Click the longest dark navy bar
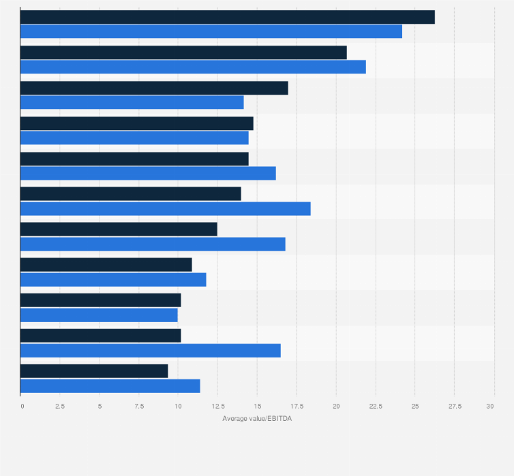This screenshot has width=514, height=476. pyautogui.click(x=227, y=18)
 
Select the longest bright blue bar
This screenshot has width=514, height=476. pyautogui.click(x=211, y=31)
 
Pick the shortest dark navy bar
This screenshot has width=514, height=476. pyautogui.click(x=94, y=371)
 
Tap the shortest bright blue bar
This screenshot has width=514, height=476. pyautogui.click(x=99, y=315)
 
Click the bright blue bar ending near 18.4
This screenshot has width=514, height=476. pyautogui.click(x=166, y=209)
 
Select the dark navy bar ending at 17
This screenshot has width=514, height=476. pyautogui.click(x=154, y=88)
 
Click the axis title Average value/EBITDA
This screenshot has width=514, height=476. pyautogui.click(x=257, y=418)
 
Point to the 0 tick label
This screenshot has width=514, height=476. pyautogui.click(x=22, y=406)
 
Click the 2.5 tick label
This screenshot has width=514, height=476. pyautogui.click(x=60, y=406)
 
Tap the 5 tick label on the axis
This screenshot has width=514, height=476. pyautogui.click(x=100, y=406)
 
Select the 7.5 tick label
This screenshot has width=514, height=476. pyautogui.click(x=138, y=406)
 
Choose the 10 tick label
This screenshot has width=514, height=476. pyautogui.click(x=178, y=406)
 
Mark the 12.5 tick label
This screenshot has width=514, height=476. pyautogui.click(x=217, y=406)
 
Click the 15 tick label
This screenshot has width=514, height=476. pyautogui.click(x=257, y=406)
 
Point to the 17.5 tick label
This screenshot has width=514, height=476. pyautogui.click(x=296, y=406)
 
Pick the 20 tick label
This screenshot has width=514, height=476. pyautogui.click(x=335, y=406)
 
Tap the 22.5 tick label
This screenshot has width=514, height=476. pyautogui.click(x=375, y=406)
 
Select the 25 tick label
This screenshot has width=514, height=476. pyautogui.click(x=414, y=406)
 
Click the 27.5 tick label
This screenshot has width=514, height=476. pyautogui.click(x=454, y=406)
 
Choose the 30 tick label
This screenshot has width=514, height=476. pyautogui.click(x=489, y=406)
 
